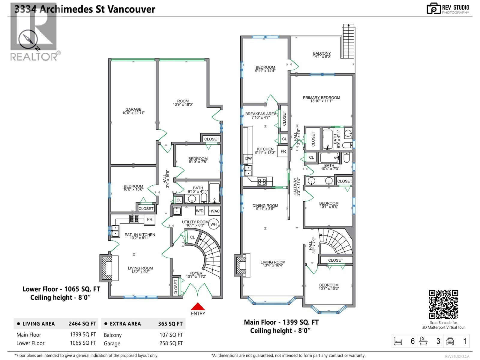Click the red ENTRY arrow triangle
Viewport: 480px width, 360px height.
(198, 306)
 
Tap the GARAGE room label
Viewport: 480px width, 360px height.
(133, 110)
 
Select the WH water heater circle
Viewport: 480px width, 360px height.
(213, 224)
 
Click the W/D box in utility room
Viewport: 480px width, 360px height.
(199, 211)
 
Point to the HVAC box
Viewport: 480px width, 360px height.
(214, 211)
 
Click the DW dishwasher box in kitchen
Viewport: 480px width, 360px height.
(248, 158)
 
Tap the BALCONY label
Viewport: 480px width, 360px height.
(322, 53)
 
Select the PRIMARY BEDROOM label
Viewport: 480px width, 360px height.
(321, 98)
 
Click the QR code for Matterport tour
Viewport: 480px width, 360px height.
(443, 304)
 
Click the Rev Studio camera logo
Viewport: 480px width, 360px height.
(433, 8)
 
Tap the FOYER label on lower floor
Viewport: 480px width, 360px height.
(196, 273)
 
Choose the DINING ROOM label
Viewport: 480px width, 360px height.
(265, 206)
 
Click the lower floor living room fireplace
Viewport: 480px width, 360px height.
(107, 268)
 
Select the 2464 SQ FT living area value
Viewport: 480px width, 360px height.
(82, 324)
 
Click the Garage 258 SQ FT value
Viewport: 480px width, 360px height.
(171, 343)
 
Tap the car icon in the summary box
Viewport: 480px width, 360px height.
(450, 341)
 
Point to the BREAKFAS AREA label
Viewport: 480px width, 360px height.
(260, 114)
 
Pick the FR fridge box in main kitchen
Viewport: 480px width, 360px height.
(283, 151)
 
